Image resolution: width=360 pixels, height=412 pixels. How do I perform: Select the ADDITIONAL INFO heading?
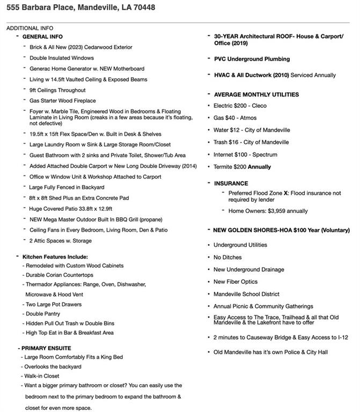(30, 28)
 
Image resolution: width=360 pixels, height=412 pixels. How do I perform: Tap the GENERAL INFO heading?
(42, 36)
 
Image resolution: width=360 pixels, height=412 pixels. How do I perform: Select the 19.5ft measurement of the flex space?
(38, 134)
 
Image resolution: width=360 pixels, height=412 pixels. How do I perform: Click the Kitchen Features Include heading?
(55, 257)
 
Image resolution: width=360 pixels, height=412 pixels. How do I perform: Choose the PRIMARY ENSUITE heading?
(46, 348)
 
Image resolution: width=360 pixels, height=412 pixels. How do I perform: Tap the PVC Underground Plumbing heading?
(252, 59)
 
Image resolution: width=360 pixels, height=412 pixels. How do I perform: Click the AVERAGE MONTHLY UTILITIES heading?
(256, 94)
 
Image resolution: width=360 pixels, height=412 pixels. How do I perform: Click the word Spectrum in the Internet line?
(265, 154)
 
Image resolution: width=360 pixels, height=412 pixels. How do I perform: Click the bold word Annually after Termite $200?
(260, 167)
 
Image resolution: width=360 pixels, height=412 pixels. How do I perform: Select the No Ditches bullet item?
(227, 257)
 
